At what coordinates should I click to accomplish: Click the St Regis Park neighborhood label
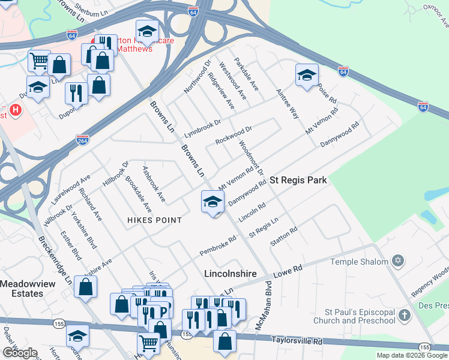point(298,180)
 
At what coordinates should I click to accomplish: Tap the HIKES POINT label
point(154,220)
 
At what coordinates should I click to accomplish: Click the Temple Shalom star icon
point(396,261)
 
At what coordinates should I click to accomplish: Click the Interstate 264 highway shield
point(82,140)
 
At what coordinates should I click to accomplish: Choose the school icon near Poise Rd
point(307,75)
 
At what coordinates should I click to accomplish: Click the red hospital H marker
point(16,111)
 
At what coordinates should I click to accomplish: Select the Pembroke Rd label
point(218,245)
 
